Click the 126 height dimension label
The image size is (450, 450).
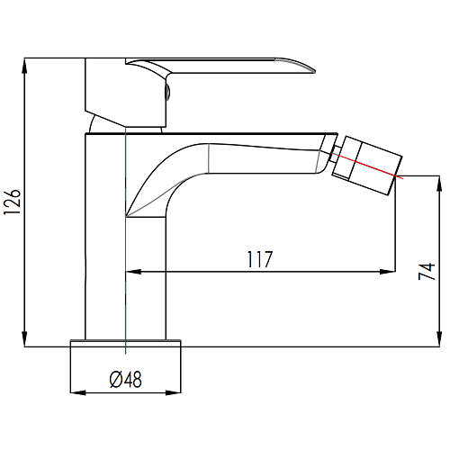coord(12,202)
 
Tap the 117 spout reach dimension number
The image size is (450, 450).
coord(260,259)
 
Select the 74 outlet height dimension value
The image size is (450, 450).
coord(427,272)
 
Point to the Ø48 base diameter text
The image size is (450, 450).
coord(125,380)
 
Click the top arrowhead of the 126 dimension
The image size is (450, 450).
coord(24,66)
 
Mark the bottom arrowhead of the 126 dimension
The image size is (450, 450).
coord(24,339)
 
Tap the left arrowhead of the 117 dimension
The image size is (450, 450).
coord(133,272)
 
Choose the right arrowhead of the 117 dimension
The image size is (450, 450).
coord(388,272)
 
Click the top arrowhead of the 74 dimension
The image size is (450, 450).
coord(439,184)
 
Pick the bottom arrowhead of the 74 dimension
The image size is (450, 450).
coord(439,339)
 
